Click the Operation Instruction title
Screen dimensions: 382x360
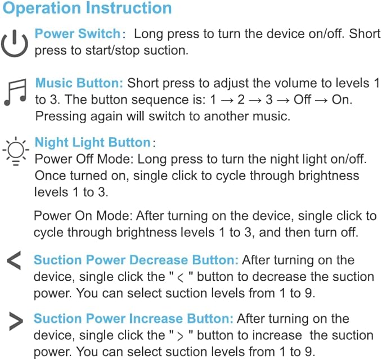pyautogui.click(x=87, y=8)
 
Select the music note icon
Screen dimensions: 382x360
pyautogui.click(x=15, y=93)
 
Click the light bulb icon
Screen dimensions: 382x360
pyautogui.click(x=16, y=151)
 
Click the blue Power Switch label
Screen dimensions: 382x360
pyautogui.click(x=78, y=33)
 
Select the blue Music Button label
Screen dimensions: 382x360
pyautogui.click(x=79, y=83)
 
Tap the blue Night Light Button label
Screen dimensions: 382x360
pyautogui.click(x=93, y=142)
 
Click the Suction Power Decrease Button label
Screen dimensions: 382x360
pyautogui.click(x=136, y=260)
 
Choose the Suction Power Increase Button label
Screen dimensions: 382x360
pyautogui.click(x=133, y=318)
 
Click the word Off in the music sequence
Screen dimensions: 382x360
pyautogui.click(x=302, y=100)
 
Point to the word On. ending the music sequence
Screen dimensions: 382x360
pyautogui.click(x=342, y=100)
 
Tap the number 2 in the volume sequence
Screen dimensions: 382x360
pyautogui.click(x=241, y=100)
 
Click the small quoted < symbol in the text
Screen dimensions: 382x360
pyautogui.click(x=181, y=278)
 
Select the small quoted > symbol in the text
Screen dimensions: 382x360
pyautogui.click(x=180, y=336)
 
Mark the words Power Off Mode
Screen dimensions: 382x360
pyautogui.click(x=83, y=159)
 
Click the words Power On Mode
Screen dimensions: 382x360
pyautogui.click(x=83, y=216)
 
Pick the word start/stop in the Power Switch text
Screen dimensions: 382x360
pyautogui.click(x=113, y=51)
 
